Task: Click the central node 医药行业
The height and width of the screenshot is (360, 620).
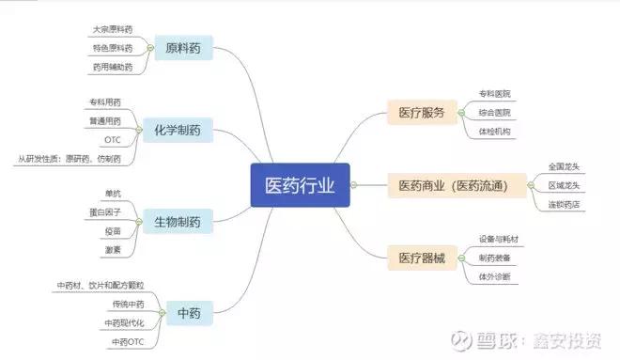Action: click(x=300, y=184)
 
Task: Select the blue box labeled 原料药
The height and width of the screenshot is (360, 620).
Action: click(x=183, y=48)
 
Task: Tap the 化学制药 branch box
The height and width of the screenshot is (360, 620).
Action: click(x=178, y=130)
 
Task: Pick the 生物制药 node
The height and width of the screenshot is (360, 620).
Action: click(x=178, y=222)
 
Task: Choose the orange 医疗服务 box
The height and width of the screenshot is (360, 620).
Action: click(x=421, y=113)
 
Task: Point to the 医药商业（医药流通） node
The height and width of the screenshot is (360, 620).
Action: click(x=459, y=184)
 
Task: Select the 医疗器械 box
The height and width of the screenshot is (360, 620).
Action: click(x=421, y=257)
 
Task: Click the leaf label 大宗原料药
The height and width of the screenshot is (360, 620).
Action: click(x=113, y=30)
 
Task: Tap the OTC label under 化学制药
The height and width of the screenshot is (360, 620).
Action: click(x=112, y=141)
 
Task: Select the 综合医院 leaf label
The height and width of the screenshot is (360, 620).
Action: click(x=495, y=113)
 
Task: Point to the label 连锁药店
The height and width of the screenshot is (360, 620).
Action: click(x=567, y=203)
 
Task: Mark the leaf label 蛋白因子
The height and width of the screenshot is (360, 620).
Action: click(x=105, y=212)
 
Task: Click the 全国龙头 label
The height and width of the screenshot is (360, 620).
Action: click(x=567, y=166)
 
